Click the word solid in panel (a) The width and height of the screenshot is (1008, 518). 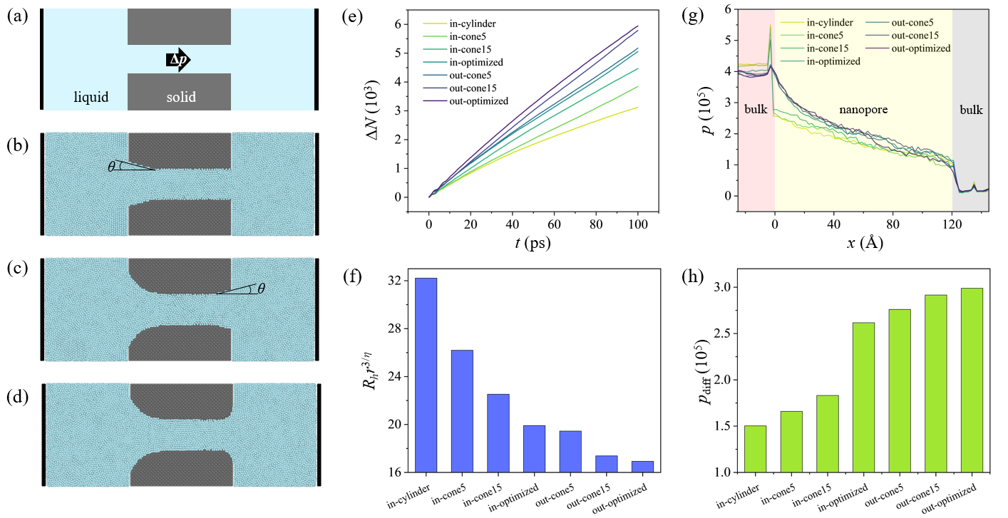179,97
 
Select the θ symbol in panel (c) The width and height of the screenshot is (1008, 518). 261,289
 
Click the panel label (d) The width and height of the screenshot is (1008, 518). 16,396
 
